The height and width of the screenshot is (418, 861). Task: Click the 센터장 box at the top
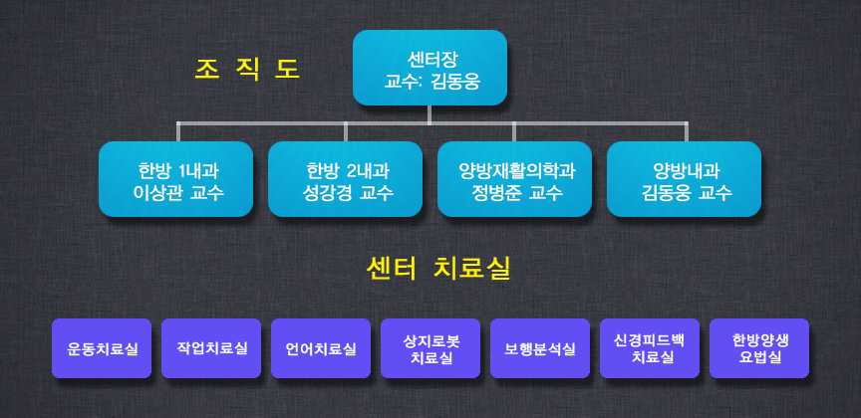(430, 68)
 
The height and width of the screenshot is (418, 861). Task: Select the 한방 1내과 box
(175, 179)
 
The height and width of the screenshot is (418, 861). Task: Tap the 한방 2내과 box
(346, 179)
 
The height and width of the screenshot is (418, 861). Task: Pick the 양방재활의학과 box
(514, 179)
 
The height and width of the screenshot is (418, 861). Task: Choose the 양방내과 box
(685, 179)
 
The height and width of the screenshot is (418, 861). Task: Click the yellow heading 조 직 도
(248, 69)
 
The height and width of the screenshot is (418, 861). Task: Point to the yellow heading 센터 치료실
(438, 269)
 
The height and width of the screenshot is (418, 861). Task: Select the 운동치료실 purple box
(102, 348)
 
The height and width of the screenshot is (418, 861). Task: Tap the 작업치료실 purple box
(211, 348)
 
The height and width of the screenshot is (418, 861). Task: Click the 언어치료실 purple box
(321, 348)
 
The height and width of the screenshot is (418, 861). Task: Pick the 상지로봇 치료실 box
(430, 348)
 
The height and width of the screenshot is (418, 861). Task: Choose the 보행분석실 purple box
(540, 348)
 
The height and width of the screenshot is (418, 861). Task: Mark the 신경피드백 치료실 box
(650, 348)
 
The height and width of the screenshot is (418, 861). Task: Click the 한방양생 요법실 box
(759, 348)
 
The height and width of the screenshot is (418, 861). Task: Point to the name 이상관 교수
(178, 193)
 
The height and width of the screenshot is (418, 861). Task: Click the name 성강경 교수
(348, 193)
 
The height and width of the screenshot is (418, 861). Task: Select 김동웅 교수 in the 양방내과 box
(687, 193)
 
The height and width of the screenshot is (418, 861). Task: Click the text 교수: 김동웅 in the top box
(432, 82)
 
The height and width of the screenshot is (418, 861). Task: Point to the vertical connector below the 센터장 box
(430, 114)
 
